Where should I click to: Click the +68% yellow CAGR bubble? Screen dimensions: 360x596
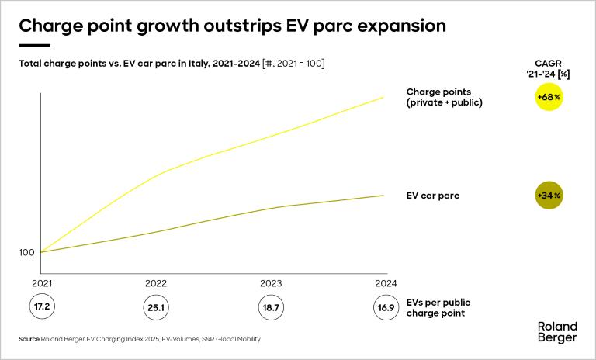(548, 98)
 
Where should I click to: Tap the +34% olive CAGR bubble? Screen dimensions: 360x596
(548, 196)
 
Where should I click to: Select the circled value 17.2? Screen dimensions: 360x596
(41, 307)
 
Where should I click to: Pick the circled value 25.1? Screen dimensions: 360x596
(156, 307)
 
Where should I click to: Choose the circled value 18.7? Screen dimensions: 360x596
(270, 307)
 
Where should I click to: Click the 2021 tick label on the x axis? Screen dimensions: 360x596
(41, 283)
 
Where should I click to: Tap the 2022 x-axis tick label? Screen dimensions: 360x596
(156, 283)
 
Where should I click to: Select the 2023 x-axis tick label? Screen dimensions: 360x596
(270, 283)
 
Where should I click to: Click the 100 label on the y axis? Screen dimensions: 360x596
(26, 253)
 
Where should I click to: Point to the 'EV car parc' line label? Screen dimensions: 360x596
(433, 196)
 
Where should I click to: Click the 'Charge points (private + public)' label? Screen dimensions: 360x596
(445, 97)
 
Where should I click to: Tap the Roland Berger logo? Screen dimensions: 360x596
(557, 332)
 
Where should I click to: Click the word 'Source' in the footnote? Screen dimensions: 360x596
(29, 340)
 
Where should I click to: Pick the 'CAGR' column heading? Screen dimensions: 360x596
(548, 64)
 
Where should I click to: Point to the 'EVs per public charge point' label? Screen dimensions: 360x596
(439, 308)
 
